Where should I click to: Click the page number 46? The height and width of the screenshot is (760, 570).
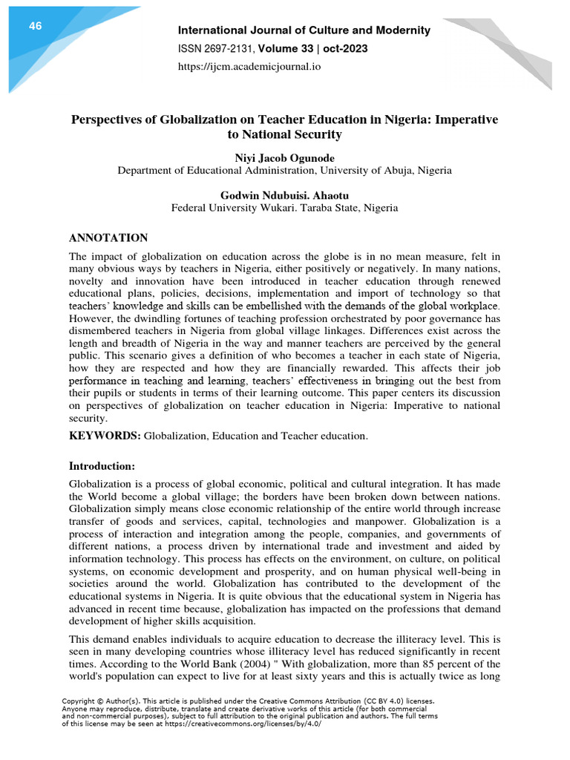tap(35, 27)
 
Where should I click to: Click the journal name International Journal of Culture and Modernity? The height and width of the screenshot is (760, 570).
tap(304, 30)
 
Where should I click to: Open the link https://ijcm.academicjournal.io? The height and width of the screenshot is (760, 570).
tap(249, 67)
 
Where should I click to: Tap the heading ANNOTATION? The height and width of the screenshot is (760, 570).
tap(108, 237)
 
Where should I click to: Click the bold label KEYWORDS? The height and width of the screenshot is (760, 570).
tap(105, 436)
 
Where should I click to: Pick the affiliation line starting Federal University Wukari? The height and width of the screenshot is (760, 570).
tap(284, 208)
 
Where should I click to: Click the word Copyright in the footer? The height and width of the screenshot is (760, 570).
tap(79, 701)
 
